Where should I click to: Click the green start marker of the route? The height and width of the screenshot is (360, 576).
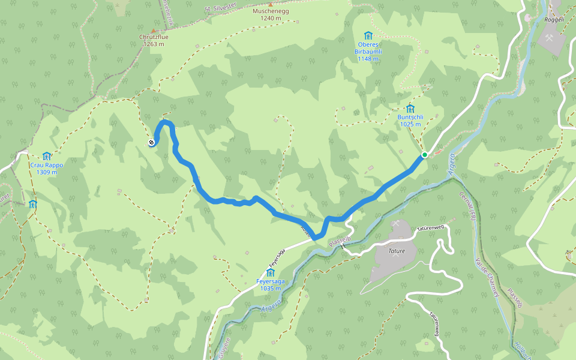point(424,155)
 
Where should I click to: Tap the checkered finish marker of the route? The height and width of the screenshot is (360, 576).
point(152,142)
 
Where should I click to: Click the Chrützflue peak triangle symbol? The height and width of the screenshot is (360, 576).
point(154,30)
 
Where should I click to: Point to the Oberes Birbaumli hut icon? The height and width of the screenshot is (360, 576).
point(368,36)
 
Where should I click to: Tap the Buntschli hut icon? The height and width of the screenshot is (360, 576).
point(410,108)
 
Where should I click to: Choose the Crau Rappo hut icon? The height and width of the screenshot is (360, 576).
point(46,156)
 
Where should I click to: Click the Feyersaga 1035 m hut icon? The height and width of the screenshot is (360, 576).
point(270,273)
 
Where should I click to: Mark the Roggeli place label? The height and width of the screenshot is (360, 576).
point(554,19)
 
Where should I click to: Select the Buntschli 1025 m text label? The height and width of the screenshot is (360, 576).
point(410,121)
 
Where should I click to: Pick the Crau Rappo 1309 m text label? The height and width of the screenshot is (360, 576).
point(46,169)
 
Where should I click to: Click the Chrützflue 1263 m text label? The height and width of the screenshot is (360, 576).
point(154,40)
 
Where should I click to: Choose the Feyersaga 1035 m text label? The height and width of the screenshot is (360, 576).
point(270,285)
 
